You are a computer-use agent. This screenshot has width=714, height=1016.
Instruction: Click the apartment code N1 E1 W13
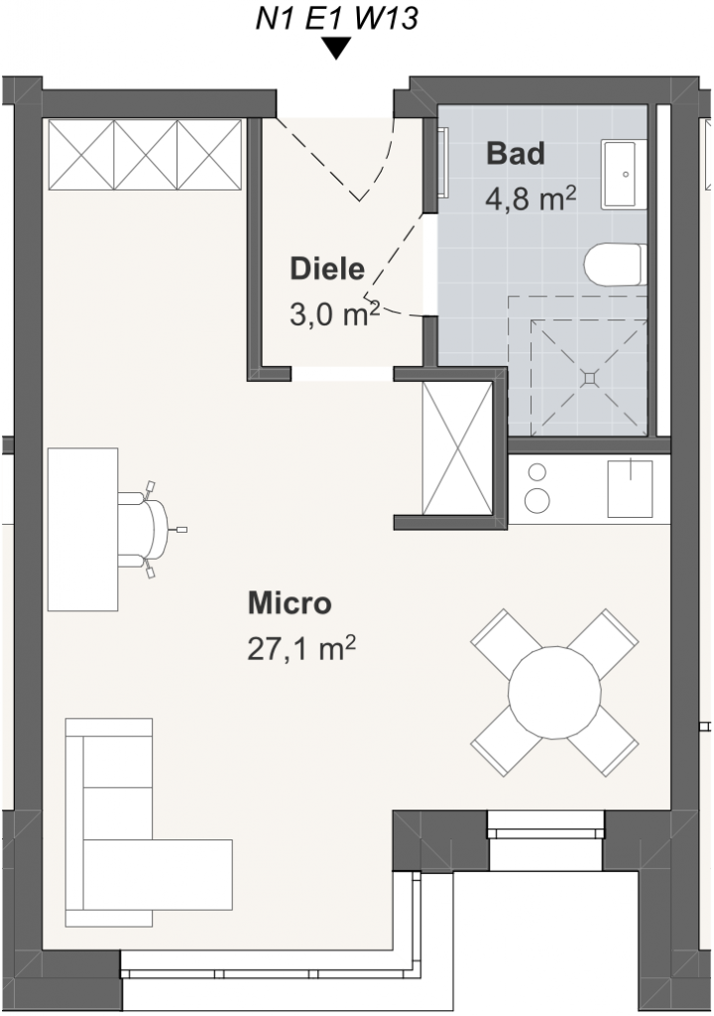[x=336, y=18]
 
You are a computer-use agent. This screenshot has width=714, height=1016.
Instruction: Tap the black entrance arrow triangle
[x=336, y=48]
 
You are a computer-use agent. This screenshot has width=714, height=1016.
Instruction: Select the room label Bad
[x=515, y=154]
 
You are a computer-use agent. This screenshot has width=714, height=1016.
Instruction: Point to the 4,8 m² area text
[x=531, y=197]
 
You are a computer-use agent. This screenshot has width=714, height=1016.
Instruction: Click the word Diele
[x=327, y=269]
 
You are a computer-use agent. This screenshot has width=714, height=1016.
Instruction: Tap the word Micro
[x=290, y=602]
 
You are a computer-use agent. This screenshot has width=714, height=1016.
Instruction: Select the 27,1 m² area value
[x=301, y=647]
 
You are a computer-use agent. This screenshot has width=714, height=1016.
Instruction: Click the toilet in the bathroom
[x=616, y=264]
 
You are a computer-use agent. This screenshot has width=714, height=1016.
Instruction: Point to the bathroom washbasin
[x=625, y=174]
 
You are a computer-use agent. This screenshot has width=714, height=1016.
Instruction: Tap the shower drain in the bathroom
[x=590, y=377]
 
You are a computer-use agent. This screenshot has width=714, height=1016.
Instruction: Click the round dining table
[x=554, y=692]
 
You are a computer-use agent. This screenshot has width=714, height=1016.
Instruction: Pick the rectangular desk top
[x=83, y=529]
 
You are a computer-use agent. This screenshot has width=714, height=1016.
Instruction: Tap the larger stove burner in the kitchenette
[x=537, y=500]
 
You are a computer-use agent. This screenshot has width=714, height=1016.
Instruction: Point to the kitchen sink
[x=629, y=488]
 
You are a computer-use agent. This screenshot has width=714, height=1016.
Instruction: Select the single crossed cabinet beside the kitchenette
[x=457, y=449]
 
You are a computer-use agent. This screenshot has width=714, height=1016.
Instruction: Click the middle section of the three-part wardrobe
[x=145, y=154]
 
